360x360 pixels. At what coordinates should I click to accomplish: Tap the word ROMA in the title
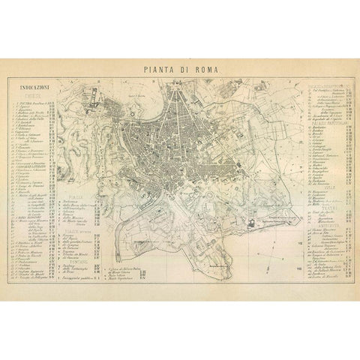pos(205,69)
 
